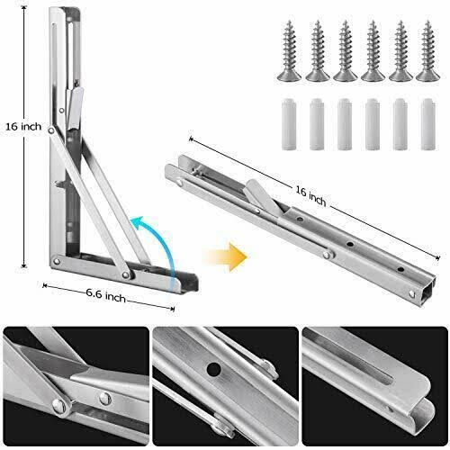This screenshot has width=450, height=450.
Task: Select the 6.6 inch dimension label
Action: (x=106, y=295)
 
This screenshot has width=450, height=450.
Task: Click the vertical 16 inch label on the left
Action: (x=23, y=127)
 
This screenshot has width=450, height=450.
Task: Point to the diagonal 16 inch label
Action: (x=310, y=195)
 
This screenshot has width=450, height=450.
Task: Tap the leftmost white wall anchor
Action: (x=289, y=124)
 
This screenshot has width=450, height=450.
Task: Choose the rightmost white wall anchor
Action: (x=428, y=124)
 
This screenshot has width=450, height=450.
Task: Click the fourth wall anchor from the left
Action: (x=373, y=124)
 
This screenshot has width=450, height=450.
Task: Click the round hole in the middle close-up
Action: (x=214, y=370)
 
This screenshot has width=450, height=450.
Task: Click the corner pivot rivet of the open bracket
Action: (x=56, y=261)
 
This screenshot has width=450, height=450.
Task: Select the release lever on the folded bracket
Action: (x=262, y=196)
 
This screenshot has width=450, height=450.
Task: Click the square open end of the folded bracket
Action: (x=431, y=288)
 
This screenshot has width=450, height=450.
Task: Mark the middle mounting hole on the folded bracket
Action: (x=350, y=244)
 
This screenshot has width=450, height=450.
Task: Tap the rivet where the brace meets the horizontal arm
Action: (x=126, y=274)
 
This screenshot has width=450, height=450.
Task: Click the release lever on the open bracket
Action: (x=74, y=107)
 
